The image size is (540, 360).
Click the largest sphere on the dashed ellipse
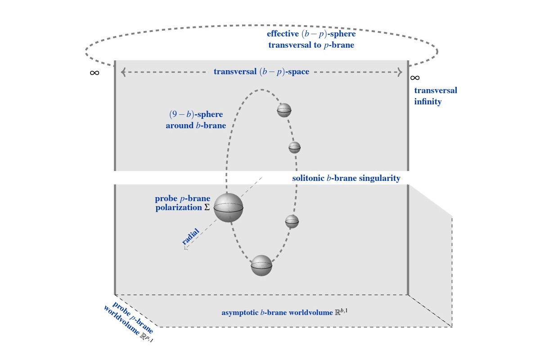point(228,207)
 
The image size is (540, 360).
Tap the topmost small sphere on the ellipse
point(284,110)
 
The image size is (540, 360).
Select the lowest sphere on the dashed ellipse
point(261,265)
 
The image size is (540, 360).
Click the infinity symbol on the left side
point(94,72)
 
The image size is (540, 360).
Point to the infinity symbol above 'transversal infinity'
point(415,78)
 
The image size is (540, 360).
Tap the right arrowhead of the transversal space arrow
point(399,72)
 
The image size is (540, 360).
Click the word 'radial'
point(190,237)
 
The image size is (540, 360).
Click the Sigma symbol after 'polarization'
point(207,207)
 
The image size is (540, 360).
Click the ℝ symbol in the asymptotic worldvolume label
point(337,311)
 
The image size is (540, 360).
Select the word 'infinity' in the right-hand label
point(427,102)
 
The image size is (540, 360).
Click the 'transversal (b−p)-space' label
point(261,72)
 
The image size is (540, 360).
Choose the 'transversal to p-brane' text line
point(311,45)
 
